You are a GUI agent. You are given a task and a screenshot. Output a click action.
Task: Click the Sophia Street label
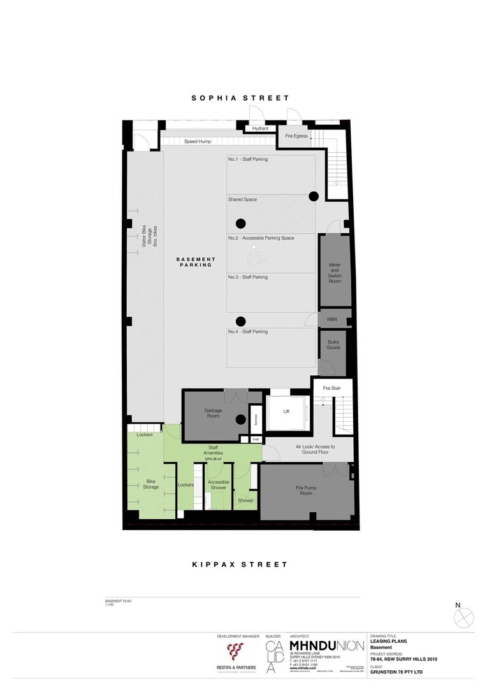tap(241, 98)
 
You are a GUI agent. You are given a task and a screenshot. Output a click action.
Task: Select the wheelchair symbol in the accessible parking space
tap(254, 257)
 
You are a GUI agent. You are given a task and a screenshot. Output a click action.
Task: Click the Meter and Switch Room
tap(335, 271)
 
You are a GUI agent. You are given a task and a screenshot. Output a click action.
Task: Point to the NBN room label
tap(332, 319)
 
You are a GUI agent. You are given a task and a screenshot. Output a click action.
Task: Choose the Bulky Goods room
tap(333, 345)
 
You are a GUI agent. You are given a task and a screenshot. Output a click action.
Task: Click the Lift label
tap(286, 412)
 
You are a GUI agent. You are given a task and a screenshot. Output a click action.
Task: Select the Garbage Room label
tap(213, 414)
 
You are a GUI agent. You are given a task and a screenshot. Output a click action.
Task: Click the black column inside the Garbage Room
tap(240, 419)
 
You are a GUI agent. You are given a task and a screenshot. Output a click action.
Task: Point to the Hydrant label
tap(260, 129)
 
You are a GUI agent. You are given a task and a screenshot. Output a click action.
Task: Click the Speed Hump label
tap(198, 141)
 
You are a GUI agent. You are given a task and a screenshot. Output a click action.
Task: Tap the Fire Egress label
tap(296, 136)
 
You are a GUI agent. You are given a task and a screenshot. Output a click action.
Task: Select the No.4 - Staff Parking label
tap(248, 332)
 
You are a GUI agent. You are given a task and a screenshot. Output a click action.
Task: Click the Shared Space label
tap(243, 200)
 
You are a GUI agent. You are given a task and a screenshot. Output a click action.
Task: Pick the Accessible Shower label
tap(219, 485)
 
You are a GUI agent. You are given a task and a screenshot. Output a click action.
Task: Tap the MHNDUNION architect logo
tap(326, 645)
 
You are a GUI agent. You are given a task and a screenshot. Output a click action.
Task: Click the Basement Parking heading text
tap(196, 262)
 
